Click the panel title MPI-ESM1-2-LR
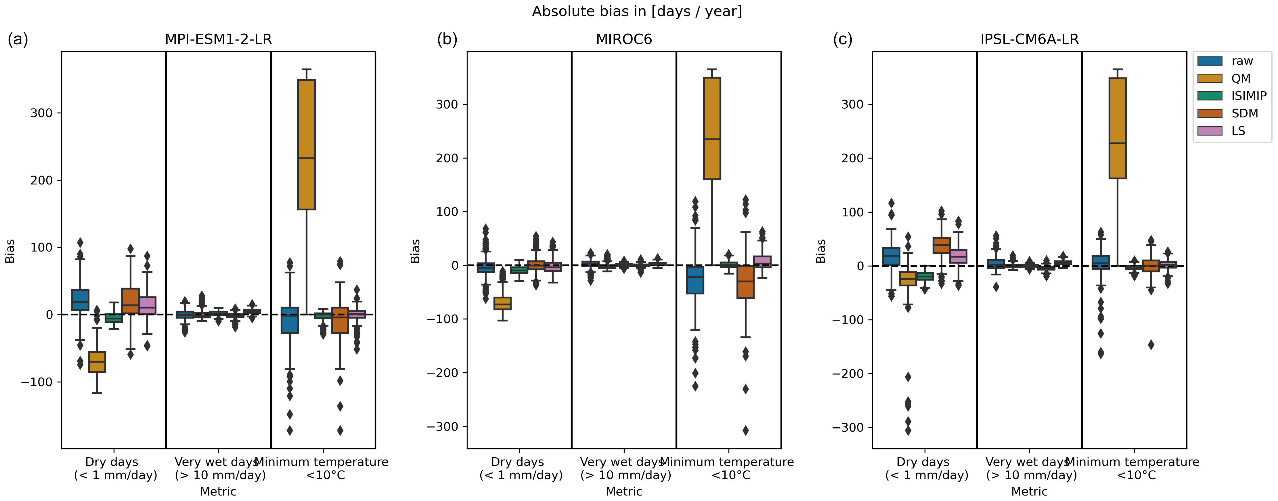pos(218,39)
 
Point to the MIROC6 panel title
pos(624,39)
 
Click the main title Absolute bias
pos(637,12)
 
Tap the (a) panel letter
pos(18,39)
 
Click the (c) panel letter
pos(842,39)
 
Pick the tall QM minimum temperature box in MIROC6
pos(712,128)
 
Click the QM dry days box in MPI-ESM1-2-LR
pos(97,362)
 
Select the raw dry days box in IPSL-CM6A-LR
pos(891,256)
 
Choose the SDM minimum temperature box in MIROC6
pos(745,282)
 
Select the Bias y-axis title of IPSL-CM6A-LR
pos(821,251)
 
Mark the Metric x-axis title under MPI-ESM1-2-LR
pos(218,492)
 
